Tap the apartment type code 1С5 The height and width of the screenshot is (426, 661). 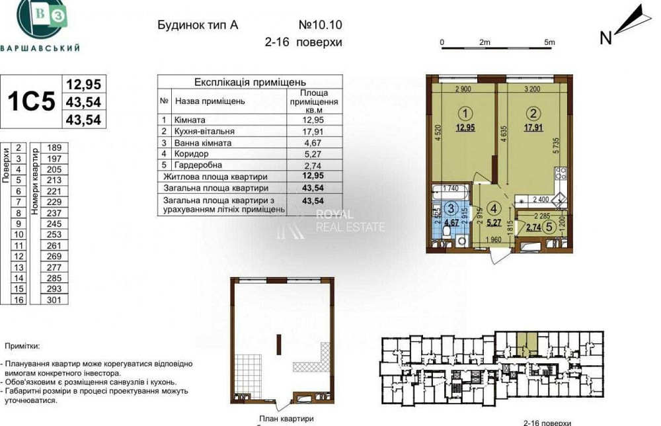click(30, 101)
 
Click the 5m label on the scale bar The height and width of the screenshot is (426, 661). click(549, 42)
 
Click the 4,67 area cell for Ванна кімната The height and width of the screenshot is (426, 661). click(314, 142)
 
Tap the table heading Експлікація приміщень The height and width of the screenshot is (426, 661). click(250, 82)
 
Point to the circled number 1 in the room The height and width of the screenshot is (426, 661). click(467, 112)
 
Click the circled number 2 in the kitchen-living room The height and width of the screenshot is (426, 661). click(534, 112)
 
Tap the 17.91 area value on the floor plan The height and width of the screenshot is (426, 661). click(533, 128)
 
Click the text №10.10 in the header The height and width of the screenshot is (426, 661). click(321, 25)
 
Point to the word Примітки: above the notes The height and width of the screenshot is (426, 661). click(22, 346)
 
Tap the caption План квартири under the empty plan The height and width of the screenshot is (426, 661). click(286, 419)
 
